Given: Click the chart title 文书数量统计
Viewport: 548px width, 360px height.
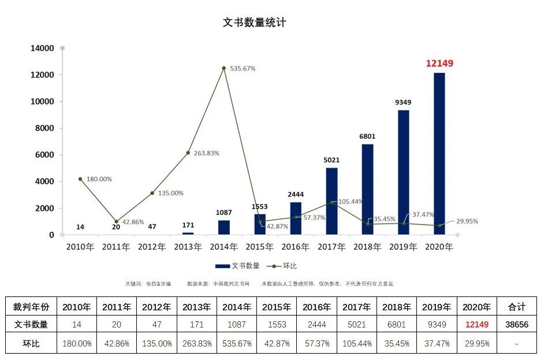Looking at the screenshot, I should pos(254,23).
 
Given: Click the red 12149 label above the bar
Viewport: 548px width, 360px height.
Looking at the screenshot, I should pos(439,64).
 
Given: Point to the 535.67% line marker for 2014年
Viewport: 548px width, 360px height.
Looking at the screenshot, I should pos(223,68).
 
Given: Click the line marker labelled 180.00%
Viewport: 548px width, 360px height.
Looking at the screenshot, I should pos(80,179).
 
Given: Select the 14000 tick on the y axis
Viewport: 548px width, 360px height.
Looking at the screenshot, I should pos(42,49).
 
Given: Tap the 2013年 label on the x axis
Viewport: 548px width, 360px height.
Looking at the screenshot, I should pos(188,247).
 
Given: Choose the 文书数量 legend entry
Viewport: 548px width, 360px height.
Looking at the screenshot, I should pos(237,266).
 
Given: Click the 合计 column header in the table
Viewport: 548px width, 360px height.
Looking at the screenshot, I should pos(516,307).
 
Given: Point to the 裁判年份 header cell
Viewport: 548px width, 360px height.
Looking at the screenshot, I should pos(31,307).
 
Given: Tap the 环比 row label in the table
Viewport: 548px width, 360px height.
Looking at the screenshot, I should pos(31,343).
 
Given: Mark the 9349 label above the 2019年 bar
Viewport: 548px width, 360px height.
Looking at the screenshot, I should pos(403,102).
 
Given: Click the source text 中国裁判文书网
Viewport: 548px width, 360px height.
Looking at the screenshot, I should pos(231,284).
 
